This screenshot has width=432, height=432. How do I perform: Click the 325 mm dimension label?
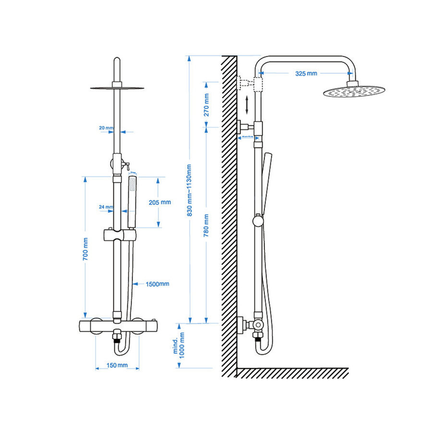tap(306, 73)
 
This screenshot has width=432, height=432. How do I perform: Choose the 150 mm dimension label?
tap(117, 365)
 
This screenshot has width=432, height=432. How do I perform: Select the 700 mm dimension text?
tap(85, 249)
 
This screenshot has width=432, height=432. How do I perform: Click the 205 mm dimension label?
tap(160, 202)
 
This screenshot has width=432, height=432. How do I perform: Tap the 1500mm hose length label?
tap(157, 284)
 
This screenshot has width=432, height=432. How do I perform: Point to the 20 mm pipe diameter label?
tap(106, 128)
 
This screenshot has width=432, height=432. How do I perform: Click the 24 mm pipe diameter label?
tap(106, 207)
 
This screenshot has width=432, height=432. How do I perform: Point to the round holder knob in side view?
tap(258, 221)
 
